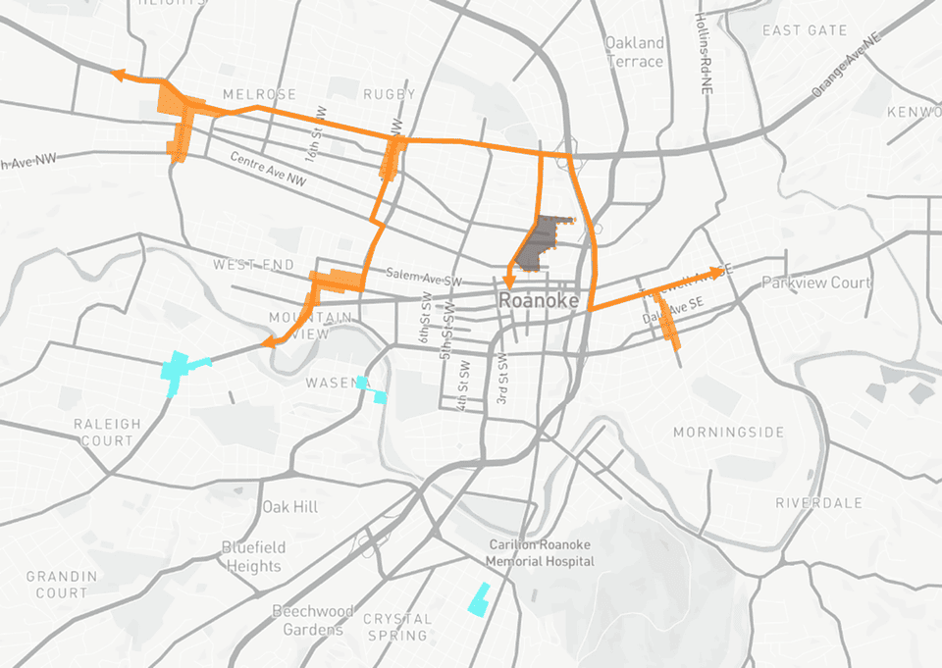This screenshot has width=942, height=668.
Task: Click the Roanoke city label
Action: tap(539, 301)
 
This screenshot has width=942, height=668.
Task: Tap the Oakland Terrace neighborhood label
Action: tap(634, 52)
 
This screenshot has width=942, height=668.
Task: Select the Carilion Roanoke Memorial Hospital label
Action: tap(540, 552)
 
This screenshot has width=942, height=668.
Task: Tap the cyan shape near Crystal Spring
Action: tap(479, 599)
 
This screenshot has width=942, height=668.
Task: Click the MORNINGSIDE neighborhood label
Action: tap(728, 433)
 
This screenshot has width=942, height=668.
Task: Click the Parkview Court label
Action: tap(816, 283)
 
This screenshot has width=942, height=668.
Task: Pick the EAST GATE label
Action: tap(805, 30)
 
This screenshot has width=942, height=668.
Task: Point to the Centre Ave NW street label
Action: tap(268, 170)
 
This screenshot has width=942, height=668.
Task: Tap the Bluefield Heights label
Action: tap(252, 556)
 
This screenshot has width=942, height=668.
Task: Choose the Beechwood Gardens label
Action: tap(312, 620)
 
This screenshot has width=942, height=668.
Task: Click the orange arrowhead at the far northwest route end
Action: tap(119, 74)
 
